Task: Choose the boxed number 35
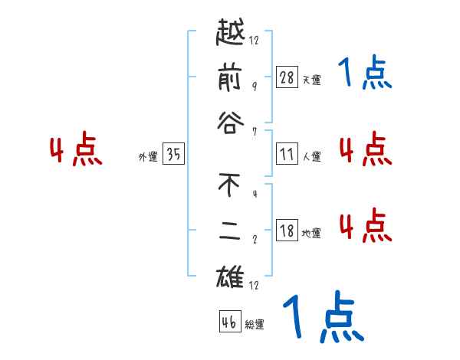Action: coord(173,155)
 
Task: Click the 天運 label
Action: coord(311,80)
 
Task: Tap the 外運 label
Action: coord(148,157)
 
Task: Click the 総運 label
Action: coord(254,325)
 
